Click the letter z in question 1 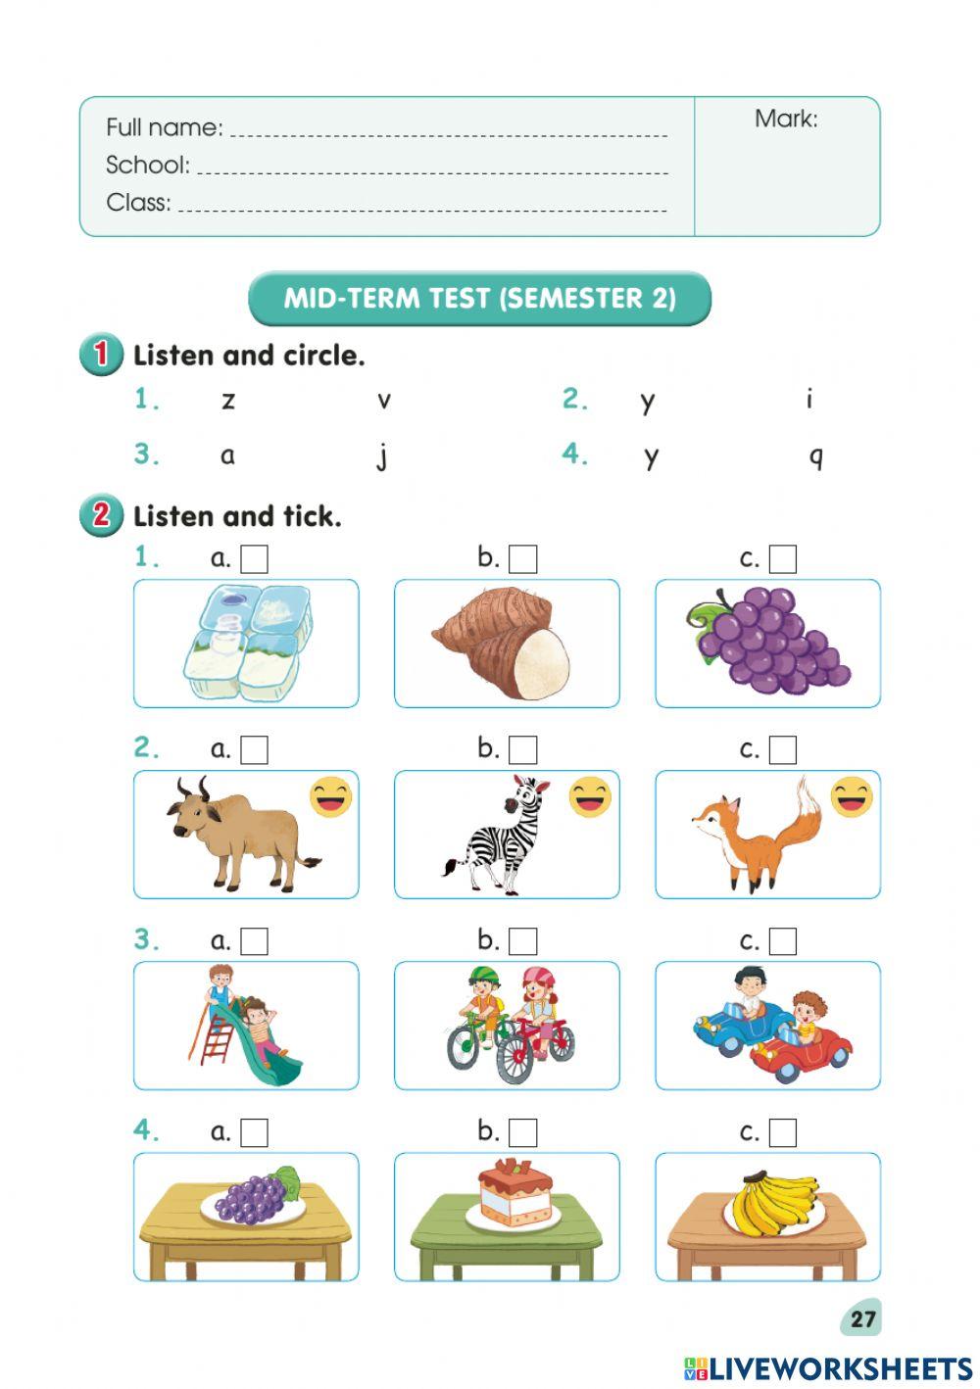(x=228, y=400)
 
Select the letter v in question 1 (x=384, y=400)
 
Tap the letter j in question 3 (x=382, y=456)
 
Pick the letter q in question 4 (x=815, y=456)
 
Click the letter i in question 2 (x=809, y=398)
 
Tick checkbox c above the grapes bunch (x=783, y=559)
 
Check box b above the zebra (x=523, y=750)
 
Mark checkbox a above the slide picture (x=255, y=941)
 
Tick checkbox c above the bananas (x=783, y=1132)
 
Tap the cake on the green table (x=514, y=1193)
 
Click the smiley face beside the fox (x=852, y=797)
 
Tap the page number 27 (x=862, y=1318)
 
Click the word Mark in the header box (x=785, y=120)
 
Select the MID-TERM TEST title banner (x=479, y=298)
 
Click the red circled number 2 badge (x=101, y=515)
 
